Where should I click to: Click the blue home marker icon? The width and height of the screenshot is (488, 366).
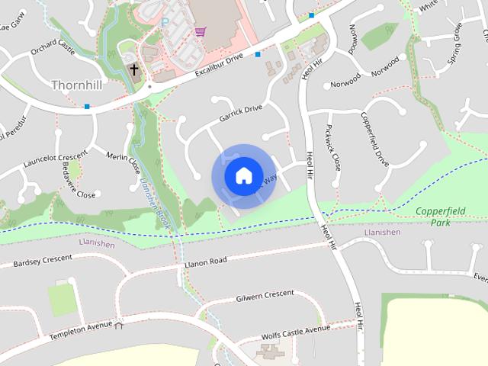point(243,176)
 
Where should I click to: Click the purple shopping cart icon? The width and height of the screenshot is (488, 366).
point(200,31)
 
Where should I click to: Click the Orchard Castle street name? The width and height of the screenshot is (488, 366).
point(53,48)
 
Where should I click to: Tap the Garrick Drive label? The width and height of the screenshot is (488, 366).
point(240,114)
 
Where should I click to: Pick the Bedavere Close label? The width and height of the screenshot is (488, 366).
point(79,181)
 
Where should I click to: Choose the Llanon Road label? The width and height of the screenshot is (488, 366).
point(206,262)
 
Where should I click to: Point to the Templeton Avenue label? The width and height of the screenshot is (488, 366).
point(80,331)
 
